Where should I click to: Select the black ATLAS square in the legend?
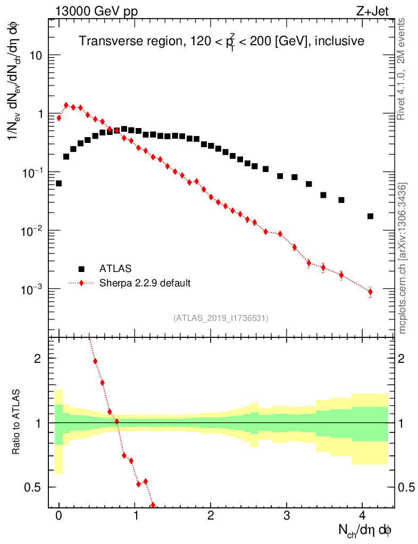coord(81,269)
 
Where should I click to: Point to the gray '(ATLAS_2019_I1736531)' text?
coord(221,318)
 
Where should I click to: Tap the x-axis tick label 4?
coord(362,516)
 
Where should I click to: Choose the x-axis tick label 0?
coord(58,516)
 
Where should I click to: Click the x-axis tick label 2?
coord(211,516)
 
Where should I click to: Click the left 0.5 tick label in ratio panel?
coord(34,487)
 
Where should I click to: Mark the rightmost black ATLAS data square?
coord(370,216)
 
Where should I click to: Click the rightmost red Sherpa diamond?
coord(370,292)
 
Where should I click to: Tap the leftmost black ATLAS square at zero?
coord(58,183)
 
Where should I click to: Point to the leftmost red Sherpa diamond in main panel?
coord(58,118)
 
